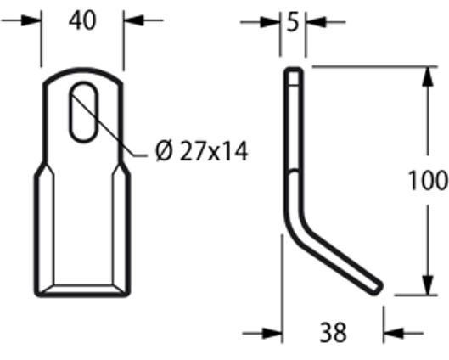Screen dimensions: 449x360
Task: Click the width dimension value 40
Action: point(82,21)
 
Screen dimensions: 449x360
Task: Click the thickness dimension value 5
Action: point(292,22)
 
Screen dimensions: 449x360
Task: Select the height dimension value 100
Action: point(428,181)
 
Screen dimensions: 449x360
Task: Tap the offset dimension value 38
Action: point(333,333)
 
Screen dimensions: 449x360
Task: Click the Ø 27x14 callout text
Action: point(201,151)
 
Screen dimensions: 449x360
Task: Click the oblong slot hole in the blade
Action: point(83,112)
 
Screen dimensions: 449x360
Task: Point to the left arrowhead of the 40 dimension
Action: point(31,20)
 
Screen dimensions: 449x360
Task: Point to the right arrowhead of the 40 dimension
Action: point(133,20)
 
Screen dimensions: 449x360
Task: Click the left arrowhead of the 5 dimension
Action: point(270,22)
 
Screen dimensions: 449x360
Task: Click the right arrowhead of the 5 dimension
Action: point(316,22)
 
